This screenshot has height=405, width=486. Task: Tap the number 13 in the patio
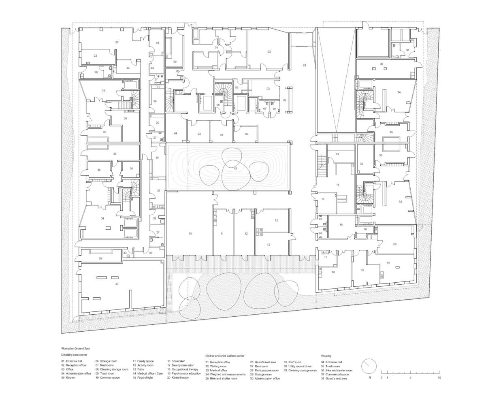point(235,168)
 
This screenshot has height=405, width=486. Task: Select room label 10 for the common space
point(190,234)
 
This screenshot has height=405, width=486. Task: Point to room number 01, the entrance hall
point(305,65)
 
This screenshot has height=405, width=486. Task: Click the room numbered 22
point(117,42)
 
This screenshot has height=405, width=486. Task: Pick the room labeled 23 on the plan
point(95,55)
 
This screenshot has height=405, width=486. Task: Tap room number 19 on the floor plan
point(388,263)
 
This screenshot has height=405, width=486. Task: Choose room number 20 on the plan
point(394,244)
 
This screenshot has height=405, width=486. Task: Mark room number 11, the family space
point(222,234)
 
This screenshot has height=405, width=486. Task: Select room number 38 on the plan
point(407,50)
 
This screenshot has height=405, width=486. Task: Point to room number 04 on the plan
point(176,133)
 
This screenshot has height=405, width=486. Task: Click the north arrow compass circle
point(369,367)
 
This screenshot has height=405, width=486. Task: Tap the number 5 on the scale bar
point(410,377)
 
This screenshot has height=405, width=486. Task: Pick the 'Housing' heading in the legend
point(326,356)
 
